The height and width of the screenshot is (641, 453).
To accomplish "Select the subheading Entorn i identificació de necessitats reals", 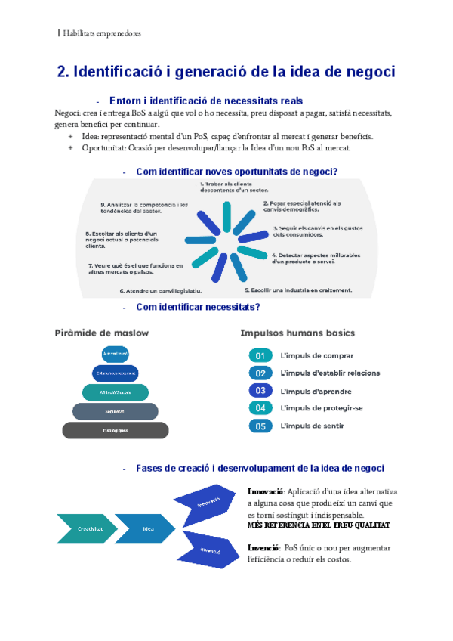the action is (x=206, y=101).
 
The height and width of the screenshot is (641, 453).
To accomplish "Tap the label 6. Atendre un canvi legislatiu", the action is (x=160, y=290).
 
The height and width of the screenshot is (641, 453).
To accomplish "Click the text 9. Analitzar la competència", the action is (x=144, y=208).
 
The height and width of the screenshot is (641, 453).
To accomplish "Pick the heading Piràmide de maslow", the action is (x=101, y=333).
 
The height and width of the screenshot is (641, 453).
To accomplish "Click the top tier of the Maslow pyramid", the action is (x=116, y=354).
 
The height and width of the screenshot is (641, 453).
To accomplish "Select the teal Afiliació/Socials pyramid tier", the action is (x=116, y=392).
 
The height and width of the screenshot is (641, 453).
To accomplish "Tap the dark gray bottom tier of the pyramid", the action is (x=116, y=430).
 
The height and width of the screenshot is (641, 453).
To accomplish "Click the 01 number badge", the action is (x=260, y=355).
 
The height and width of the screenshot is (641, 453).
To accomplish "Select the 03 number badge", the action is (x=260, y=391).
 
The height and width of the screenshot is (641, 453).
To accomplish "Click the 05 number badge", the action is (x=260, y=426).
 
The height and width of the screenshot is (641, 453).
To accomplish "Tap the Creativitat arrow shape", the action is (x=87, y=529).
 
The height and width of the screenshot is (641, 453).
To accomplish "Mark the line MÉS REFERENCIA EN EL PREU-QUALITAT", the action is (x=319, y=525).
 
